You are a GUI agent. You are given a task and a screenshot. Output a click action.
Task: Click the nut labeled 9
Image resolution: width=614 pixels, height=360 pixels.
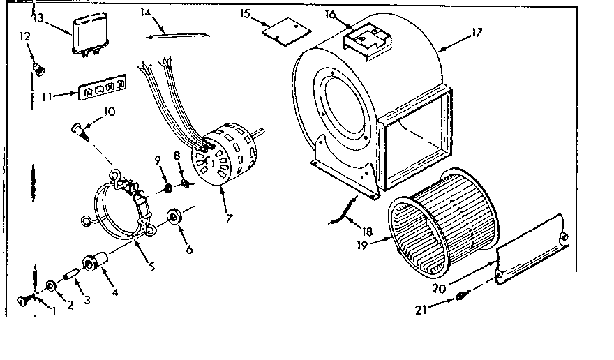(167, 188)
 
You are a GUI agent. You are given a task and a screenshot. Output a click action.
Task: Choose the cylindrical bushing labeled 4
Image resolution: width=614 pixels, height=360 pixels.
(92, 264)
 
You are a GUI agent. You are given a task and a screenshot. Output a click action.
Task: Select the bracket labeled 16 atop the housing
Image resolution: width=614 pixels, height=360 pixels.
(366, 38)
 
